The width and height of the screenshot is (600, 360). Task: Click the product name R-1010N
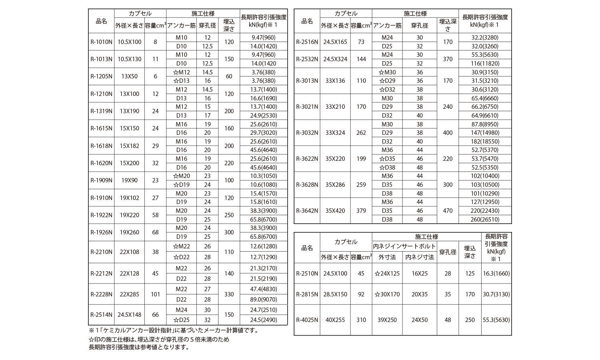tap(101, 42)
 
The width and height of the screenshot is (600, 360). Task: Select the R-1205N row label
tap(101, 76)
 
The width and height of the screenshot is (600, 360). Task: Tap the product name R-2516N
tap(307, 42)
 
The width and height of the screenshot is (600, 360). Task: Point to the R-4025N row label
tap(307, 320)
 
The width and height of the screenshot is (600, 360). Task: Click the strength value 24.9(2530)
tap(264, 116)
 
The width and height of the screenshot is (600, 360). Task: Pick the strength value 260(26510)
tap(485, 219)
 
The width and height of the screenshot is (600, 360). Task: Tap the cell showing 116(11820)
tap(485, 63)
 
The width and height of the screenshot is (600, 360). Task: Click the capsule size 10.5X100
tap(129, 42)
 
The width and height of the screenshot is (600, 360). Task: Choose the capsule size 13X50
tap(129, 76)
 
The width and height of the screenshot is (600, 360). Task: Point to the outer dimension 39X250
tap(387, 320)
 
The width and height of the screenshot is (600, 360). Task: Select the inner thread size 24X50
tap(419, 320)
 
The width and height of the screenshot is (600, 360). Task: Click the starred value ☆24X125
tap(387, 274)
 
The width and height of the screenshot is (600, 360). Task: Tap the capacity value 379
tap(361, 211)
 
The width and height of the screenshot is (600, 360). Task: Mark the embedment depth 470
tap(448, 211)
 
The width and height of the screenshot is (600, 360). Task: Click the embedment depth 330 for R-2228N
tap(229, 294)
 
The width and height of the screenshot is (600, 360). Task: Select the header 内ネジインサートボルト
tap(404, 246)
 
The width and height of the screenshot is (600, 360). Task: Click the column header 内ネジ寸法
tap(419, 257)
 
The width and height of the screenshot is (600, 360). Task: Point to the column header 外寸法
tap(387, 257)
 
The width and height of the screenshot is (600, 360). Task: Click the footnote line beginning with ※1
tap(174, 330)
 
